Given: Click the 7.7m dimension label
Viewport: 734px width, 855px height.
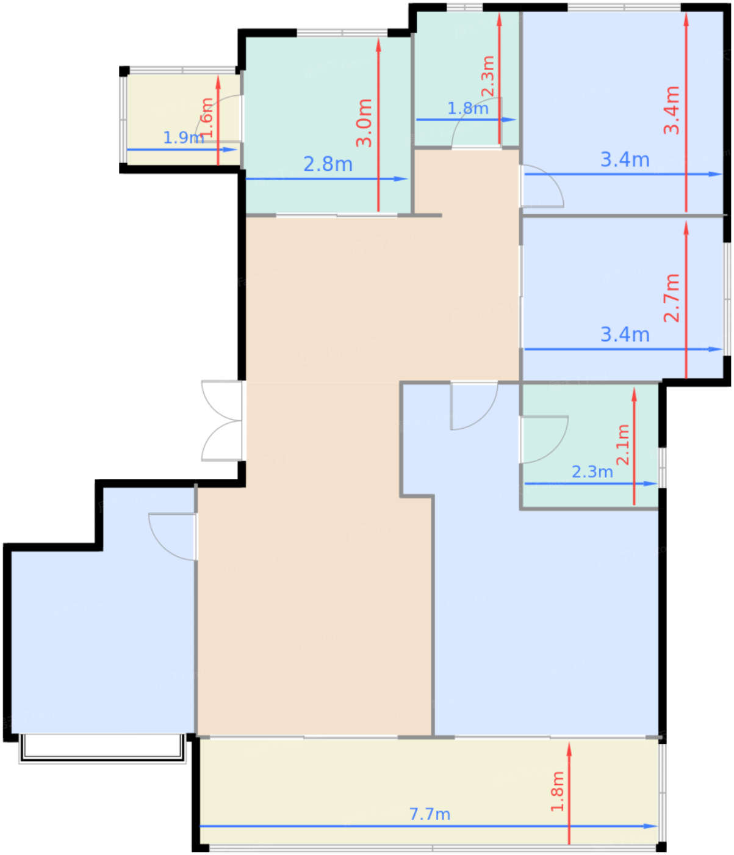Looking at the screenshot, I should tap(430, 814).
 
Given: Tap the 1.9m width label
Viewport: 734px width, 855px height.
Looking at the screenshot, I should tap(183, 137).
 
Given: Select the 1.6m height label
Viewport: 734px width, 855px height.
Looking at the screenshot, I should tap(207, 117).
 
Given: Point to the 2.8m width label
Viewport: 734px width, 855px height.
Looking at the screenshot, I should tap(328, 164).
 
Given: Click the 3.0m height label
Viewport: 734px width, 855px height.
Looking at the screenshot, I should tap(364, 122).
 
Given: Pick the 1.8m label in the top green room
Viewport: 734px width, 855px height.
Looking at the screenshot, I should tap(467, 109).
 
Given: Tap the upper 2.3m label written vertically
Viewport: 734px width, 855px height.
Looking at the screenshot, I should tap(488, 76).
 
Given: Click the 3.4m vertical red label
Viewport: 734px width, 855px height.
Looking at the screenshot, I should tap(672, 110).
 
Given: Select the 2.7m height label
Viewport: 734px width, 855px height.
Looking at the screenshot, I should tap(672, 297).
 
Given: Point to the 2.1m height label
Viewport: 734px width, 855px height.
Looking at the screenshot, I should tap(622, 445).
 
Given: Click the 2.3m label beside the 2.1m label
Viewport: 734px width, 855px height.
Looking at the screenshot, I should tap(592, 472).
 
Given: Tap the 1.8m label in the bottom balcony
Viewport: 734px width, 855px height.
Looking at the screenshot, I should tap(557, 791).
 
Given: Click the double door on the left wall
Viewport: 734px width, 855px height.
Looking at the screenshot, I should tap(223, 421).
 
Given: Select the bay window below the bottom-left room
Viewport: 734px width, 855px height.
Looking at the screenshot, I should tap(103, 749).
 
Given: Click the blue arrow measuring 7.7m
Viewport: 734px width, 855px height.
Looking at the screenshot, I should tap(305, 826).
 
